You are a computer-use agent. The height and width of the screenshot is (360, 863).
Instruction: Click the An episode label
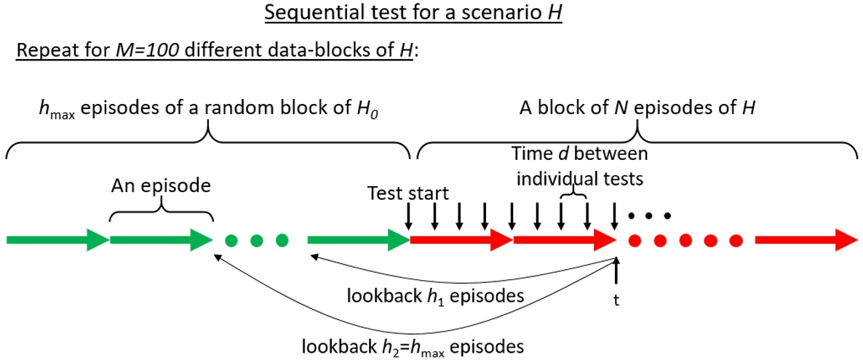(160, 185)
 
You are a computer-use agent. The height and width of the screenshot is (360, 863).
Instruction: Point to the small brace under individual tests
(574, 196)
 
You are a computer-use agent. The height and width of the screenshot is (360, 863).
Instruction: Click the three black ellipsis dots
(649, 215)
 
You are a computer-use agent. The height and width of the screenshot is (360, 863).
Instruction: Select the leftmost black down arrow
(408, 215)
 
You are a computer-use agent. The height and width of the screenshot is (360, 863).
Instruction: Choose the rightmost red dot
(736, 240)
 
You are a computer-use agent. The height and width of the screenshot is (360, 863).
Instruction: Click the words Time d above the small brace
(541, 154)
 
